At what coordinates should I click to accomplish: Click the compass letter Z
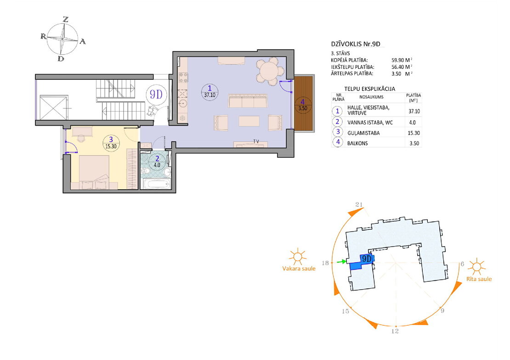point(66,19)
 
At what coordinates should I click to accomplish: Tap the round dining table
point(270,71)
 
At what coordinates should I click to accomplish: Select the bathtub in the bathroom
point(157,184)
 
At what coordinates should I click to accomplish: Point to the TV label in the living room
point(256,141)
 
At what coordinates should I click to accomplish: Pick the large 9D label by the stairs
point(156,94)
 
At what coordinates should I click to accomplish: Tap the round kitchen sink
point(183,104)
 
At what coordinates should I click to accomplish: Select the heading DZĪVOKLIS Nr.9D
point(356,44)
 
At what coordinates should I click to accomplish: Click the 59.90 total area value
point(397,60)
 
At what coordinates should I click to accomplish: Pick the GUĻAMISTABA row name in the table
point(363,133)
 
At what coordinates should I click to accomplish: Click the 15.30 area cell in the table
point(414,133)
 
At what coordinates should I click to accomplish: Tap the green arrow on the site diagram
point(342,261)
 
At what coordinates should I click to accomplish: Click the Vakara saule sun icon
point(297,257)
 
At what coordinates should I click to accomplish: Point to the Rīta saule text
point(479,279)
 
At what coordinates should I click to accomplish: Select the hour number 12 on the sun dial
point(395,332)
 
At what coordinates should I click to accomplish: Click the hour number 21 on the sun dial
point(359,204)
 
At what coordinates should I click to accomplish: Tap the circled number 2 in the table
point(337,122)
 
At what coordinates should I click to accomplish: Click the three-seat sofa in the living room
point(248,101)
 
